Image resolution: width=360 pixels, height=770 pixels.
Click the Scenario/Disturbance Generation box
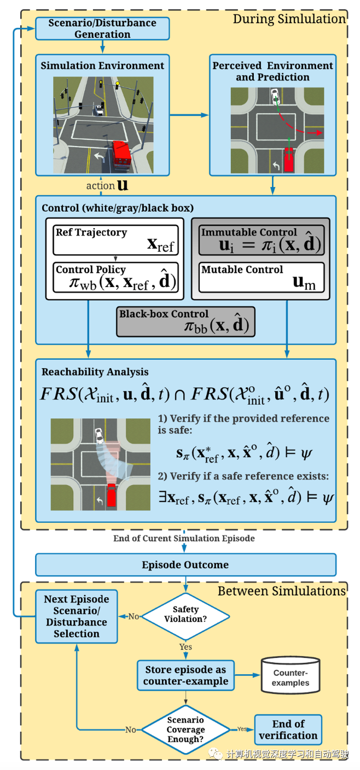tap(102, 28)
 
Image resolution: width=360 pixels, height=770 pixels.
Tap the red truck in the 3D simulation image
tap(120, 153)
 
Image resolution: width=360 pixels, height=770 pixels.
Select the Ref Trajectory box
tap(116, 240)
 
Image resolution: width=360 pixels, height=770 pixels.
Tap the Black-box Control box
tap(186, 321)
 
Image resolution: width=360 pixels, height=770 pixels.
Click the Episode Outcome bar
tap(185, 565)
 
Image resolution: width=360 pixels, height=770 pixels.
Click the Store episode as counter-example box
tap(185, 675)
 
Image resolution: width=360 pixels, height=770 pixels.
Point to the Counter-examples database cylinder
tap(291, 675)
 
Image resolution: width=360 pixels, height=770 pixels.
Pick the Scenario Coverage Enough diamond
tap(185, 730)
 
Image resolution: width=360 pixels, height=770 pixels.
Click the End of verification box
tap(288, 730)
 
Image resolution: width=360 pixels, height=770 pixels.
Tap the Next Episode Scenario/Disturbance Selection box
tap(77, 616)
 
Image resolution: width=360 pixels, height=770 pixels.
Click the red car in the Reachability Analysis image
tap(112, 494)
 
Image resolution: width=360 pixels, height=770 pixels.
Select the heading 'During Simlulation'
tap(289, 19)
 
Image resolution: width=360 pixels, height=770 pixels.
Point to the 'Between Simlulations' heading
tap(282, 591)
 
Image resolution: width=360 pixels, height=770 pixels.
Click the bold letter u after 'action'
tap(123, 185)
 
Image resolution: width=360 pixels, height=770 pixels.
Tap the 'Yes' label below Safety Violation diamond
tap(185, 646)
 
